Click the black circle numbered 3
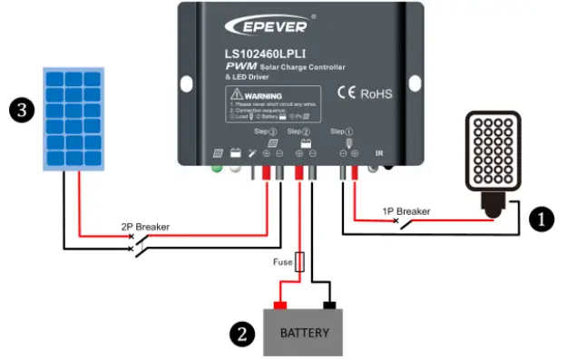pyautogui.click(x=19, y=112)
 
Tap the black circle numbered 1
pyautogui.click(x=542, y=219)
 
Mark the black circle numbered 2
pyautogui.click(x=240, y=333)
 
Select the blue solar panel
pyautogui.click(x=75, y=118)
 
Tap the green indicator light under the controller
pyautogui.click(x=217, y=167)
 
